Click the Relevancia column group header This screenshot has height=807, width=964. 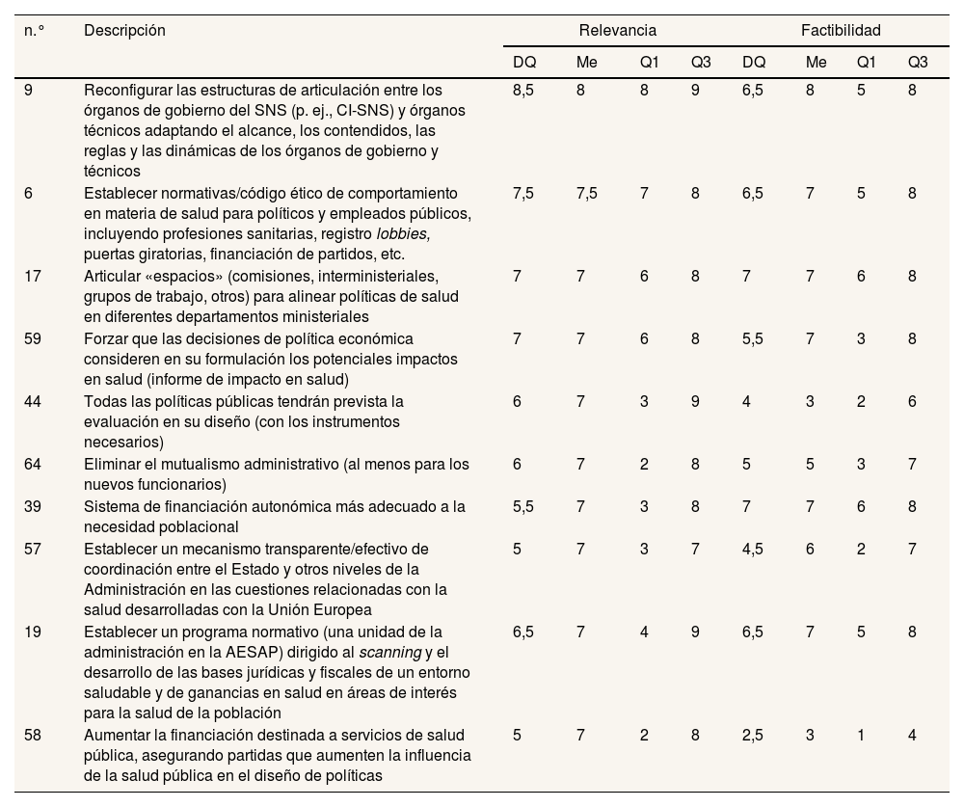pos(618,31)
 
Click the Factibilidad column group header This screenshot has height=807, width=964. pos(841,31)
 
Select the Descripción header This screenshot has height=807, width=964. pos(124,31)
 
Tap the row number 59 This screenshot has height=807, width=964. pos(32,339)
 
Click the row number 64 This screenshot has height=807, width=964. pos(32,465)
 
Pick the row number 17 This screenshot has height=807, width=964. pos(32,277)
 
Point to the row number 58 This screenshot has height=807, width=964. pos(32,736)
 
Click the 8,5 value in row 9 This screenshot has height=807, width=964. pos(524,90)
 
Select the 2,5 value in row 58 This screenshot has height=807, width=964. pos(754,736)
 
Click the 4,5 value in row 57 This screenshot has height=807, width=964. pos(754,549)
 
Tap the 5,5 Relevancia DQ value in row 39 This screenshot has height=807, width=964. pos(524,507)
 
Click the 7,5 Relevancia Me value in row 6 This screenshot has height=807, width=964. pos(586,194)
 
